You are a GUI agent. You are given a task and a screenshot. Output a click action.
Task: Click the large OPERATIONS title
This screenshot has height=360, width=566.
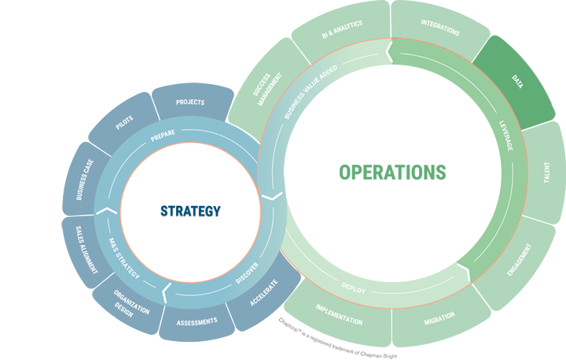click(392, 171)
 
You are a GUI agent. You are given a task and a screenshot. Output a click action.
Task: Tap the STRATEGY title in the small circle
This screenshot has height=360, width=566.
click(190, 211)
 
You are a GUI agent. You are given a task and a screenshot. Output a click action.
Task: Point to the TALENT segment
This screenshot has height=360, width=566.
click(545, 173)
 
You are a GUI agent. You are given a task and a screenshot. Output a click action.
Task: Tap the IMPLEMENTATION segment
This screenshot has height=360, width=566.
click(339, 315)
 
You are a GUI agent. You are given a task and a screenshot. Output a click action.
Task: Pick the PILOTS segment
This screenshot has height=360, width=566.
click(124, 124)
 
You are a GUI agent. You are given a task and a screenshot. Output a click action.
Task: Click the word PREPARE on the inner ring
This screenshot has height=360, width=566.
click(163, 134)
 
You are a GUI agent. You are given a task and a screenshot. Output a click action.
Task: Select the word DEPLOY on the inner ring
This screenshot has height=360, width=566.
click(355, 289)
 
